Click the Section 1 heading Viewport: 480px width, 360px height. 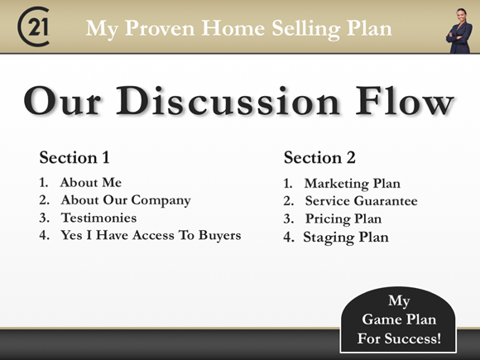click(74, 157)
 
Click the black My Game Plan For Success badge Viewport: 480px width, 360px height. click(398, 319)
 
